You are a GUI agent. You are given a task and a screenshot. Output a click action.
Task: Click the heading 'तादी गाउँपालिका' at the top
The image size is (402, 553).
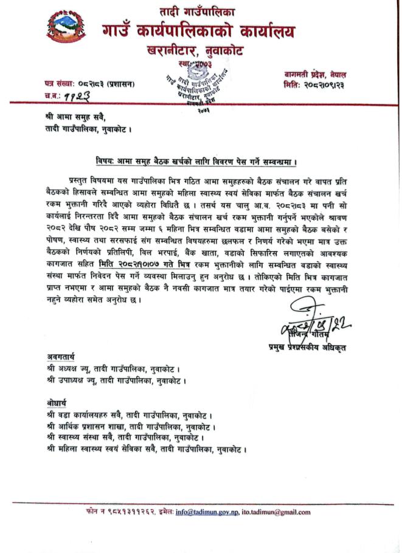(200, 11)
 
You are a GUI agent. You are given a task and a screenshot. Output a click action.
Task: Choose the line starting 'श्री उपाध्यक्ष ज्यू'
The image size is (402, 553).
(116, 381)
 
